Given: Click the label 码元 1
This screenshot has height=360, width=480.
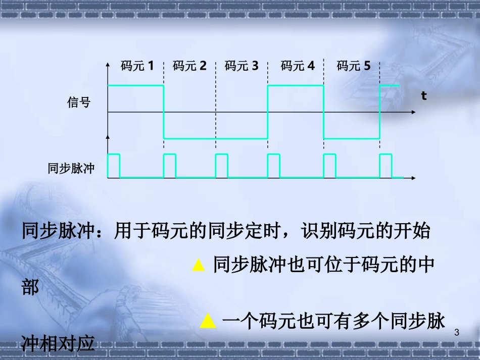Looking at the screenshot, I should tap(137, 66).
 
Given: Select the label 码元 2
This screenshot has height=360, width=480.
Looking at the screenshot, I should tap(189, 66).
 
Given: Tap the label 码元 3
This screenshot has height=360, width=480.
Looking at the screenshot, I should tap(242, 66).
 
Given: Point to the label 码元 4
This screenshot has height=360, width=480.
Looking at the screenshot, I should tap(298, 66).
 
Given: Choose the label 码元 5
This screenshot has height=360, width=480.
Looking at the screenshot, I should tap(354, 66).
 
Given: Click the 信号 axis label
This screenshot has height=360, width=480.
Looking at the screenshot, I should tap(79, 102).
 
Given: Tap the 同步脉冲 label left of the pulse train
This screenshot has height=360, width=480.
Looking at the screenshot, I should tap(71, 168).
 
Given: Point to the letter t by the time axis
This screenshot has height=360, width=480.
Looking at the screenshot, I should tap(424, 95).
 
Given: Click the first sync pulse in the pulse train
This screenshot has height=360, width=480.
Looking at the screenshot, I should tap(114, 166).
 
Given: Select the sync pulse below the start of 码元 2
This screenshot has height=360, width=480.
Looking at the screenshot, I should tap(170, 166).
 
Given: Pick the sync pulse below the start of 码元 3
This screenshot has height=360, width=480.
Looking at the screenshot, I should tap(222, 166).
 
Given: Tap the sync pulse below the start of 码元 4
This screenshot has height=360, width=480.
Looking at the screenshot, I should tap(274, 166).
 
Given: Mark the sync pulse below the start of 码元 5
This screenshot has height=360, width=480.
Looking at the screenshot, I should tap(329, 166).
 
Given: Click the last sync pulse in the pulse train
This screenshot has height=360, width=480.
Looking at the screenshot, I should tap(386, 166).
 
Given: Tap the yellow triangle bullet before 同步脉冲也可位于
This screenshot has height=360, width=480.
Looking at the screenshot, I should tap(199, 266).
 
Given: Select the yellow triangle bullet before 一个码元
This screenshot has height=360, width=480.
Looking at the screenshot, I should tap(207, 321).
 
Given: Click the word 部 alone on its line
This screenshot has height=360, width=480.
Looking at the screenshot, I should tap(30, 289).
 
